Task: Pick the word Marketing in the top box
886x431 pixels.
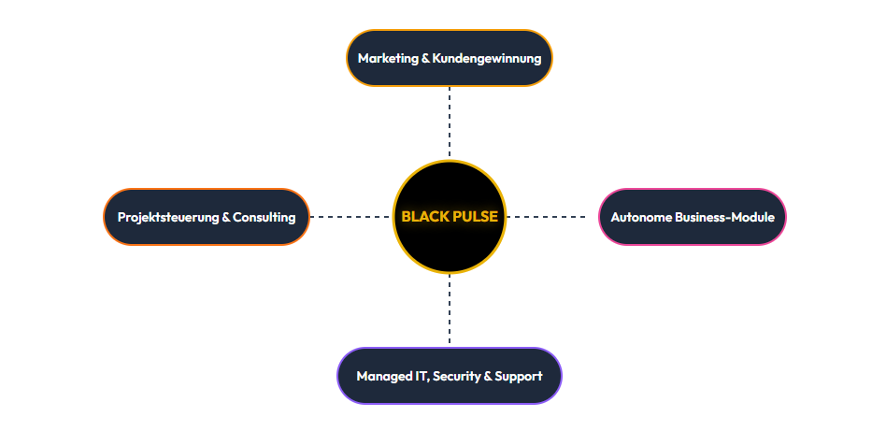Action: click(x=389, y=58)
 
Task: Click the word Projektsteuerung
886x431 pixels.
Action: click(x=168, y=217)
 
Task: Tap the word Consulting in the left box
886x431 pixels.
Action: click(x=264, y=217)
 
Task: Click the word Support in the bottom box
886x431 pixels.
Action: click(x=519, y=376)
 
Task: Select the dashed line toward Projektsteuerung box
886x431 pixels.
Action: click(x=350, y=217)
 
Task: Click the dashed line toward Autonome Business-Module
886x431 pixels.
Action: click(x=551, y=217)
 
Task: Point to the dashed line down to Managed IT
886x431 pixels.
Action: click(x=450, y=310)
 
